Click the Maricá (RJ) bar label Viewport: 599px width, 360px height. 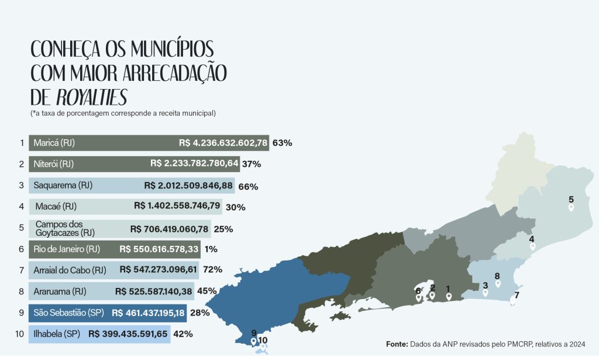pyautogui.click(x=54, y=143)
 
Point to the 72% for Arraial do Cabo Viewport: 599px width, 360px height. pyautogui.click(x=213, y=269)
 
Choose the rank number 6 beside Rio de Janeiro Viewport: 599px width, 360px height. pyautogui.click(x=22, y=249)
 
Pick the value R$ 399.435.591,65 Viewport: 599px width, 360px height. pyautogui.click(x=128, y=334)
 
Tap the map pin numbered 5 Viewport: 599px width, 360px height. pyautogui.click(x=571, y=207)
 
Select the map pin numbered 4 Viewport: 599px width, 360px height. pyautogui.click(x=532, y=246)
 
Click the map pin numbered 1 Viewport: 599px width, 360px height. pyautogui.click(x=449, y=296)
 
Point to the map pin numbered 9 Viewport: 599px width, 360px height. pyautogui.click(x=253, y=341)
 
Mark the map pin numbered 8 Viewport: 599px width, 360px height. pyautogui.click(x=498, y=283)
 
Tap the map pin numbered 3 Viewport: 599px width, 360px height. pyautogui.click(x=485, y=293)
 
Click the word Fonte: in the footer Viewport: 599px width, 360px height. pyautogui.click(x=397, y=344)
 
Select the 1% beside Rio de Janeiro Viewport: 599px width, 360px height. pyautogui.click(x=211, y=249)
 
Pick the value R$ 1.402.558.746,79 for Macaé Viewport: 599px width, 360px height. pyautogui.click(x=177, y=206)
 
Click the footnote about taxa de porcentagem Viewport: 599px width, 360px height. pyautogui.click(x=123, y=112)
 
